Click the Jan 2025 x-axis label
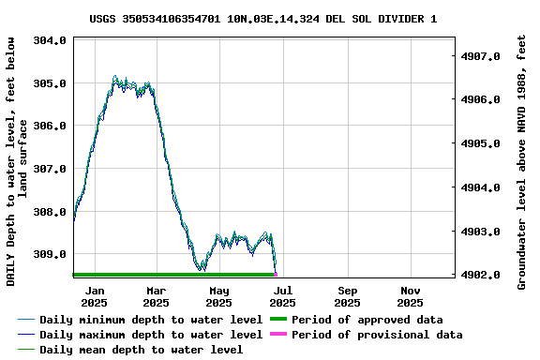coord(94,296)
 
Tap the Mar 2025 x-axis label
coord(157,296)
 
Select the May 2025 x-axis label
coord(218,296)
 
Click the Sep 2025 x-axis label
coord(347,296)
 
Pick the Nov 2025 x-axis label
coord(410,296)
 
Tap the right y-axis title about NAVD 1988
coord(522,161)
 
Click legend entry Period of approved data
coord(367,320)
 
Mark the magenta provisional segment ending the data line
coord(276,274)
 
